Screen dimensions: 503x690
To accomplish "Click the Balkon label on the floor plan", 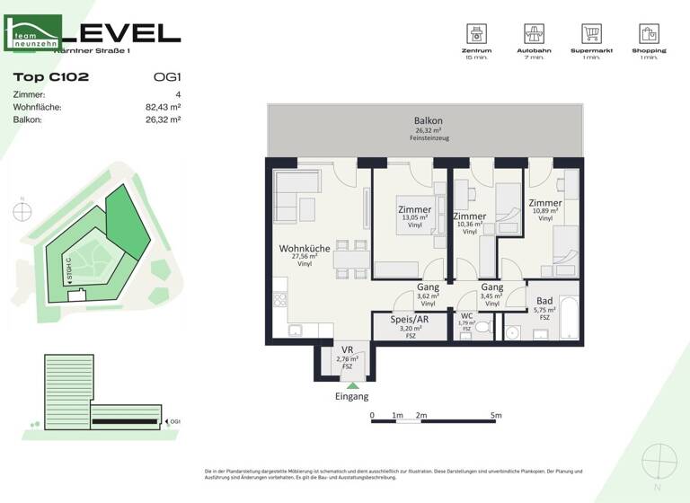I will (x=428, y=120).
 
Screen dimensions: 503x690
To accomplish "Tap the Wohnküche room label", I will (x=305, y=248).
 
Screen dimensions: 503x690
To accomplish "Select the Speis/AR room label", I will (x=410, y=319).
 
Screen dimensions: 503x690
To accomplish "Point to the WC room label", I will (x=466, y=316).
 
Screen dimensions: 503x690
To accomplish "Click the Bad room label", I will (x=544, y=301).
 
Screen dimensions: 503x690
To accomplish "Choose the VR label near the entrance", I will (x=346, y=350).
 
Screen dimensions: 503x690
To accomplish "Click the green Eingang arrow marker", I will (x=352, y=385).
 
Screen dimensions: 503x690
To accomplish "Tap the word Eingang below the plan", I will (x=351, y=396).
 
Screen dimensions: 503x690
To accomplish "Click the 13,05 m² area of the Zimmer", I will (x=415, y=218).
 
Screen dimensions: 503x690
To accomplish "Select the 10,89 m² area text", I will (x=544, y=211).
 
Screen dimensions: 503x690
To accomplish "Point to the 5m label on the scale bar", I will (x=496, y=416).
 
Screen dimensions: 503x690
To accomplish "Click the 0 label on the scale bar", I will (x=372, y=416).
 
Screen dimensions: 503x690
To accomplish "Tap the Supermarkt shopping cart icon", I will (x=590, y=34).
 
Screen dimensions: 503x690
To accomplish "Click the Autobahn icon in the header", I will (x=535, y=34).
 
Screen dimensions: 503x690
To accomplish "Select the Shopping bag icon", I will (x=649, y=34).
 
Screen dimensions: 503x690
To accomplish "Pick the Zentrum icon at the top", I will (x=477, y=34).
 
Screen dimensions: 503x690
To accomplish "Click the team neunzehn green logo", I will (x=33, y=33).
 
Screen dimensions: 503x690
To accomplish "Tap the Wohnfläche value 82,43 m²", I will (x=163, y=107).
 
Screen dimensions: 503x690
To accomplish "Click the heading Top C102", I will (x=51, y=77).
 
